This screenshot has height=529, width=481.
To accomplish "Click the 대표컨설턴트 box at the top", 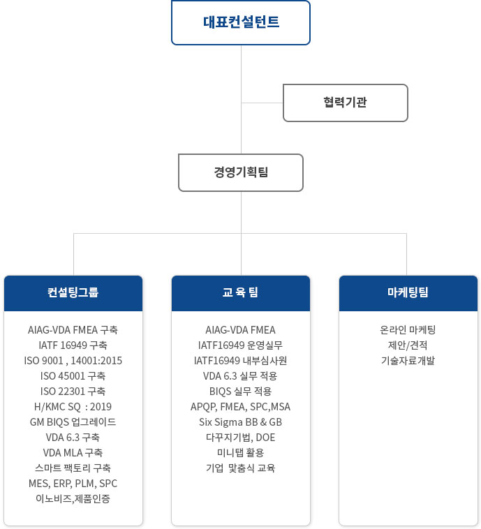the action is point(241,22).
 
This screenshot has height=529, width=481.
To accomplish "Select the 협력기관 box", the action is point(346,103).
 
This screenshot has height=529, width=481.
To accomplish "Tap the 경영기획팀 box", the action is point(241,173).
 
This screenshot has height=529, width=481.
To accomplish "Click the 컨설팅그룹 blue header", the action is point(73,293).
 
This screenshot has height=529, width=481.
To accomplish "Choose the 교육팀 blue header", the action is point(241,293).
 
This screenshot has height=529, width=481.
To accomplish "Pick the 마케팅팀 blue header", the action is point(408,293).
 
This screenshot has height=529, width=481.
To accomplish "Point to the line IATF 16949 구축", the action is point(73,345).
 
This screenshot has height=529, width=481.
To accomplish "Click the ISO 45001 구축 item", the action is point(73,376).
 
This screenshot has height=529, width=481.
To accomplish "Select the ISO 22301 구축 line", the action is point(73,392).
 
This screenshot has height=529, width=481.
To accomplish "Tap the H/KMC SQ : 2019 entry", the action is point(73,407).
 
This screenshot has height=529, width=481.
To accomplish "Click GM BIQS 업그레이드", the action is point(73,422).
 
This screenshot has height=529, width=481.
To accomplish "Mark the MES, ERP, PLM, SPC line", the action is point(73,484).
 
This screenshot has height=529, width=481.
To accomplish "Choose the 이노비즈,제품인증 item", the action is point(73,498).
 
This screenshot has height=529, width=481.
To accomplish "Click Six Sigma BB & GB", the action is point(240,422).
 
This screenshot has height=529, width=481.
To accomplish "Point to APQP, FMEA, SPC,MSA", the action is point(240,407).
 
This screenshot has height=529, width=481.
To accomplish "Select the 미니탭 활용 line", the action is point(240,453).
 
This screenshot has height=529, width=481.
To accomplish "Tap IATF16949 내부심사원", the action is point(240,361).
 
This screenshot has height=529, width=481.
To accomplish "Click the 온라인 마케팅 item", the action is point(408,329).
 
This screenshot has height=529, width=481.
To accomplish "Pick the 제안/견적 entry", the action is point(408,345).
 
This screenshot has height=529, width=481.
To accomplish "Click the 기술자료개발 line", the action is point(408,361).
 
